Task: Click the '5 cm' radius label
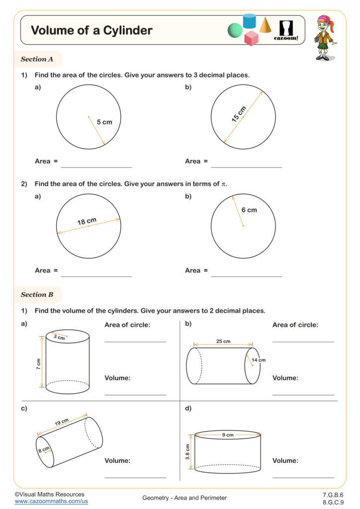click(x=104, y=122)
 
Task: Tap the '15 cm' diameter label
click(x=239, y=114)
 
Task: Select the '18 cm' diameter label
click(x=87, y=221)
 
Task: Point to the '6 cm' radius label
click(x=249, y=210)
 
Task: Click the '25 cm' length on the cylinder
click(x=223, y=341)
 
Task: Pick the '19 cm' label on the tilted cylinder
click(x=62, y=422)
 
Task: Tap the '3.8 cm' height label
click(x=188, y=452)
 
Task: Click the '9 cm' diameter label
click(x=228, y=434)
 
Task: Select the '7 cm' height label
click(x=38, y=363)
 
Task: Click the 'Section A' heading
click(x=37, y=59)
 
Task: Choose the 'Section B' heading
click(x=37, y=294)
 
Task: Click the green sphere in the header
click(x=235, y=31)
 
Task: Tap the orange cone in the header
click(x=265, y=24)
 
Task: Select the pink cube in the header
click(x=252, y=38)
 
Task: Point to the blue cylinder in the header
click(x=249, y=21)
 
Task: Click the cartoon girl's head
click(x=324, y=23)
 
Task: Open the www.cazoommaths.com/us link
click(x=51, y=502)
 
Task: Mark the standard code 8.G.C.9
click(x=333, y=502)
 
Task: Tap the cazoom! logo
click(x=286, y=30)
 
